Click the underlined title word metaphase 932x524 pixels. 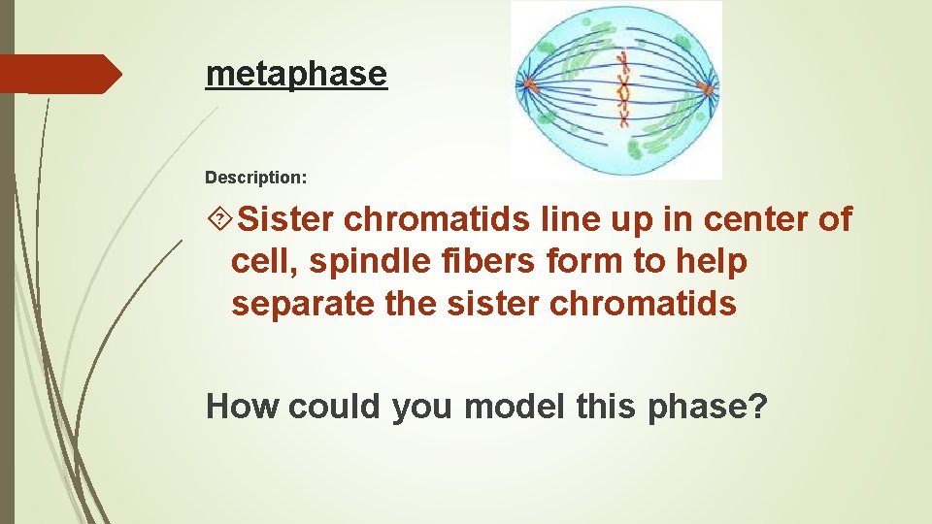[296, 73]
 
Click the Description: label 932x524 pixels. [256, 179]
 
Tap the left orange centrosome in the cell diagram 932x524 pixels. [530, 86]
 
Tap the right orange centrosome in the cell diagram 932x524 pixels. [707, 90]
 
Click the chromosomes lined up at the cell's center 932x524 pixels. [623, 92]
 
